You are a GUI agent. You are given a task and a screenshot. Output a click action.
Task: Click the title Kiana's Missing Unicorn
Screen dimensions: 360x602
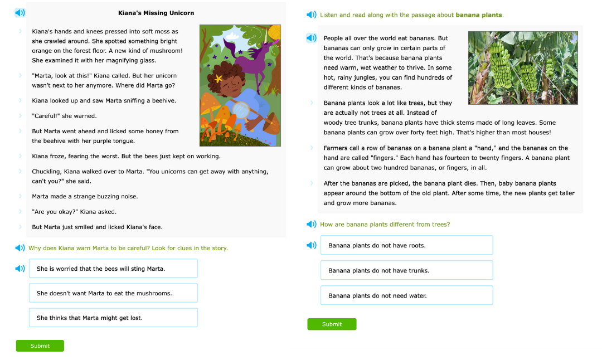tap(156, 13)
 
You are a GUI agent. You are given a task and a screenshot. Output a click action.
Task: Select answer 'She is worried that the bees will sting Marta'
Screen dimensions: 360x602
tap(113, 269)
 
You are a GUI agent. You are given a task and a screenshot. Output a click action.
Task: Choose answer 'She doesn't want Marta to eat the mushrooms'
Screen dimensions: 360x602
tap(113, 293)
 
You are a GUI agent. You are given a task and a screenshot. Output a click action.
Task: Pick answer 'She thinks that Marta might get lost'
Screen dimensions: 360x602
tap(113, 318)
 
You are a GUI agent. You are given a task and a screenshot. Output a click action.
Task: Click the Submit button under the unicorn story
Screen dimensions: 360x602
tap(40, 346)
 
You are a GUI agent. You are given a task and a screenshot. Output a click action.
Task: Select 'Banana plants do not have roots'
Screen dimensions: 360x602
tap(406, 245)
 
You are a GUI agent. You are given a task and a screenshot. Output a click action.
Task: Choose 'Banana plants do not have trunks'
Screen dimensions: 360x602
tap(406, 270)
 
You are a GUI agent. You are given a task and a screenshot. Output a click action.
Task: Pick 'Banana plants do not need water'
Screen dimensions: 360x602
tap(406, 295)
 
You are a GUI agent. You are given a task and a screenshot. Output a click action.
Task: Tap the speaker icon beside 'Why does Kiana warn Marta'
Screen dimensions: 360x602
tap(20, 248)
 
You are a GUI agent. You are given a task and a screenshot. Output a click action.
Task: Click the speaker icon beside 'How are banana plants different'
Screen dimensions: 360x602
tap(312, 224)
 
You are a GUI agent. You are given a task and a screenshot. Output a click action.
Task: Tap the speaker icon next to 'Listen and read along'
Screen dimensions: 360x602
tap(312, 15)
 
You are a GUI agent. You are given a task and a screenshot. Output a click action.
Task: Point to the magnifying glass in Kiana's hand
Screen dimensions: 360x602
tap(241, 110)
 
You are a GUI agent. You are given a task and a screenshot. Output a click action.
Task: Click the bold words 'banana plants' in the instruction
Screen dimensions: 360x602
tap(478, 15)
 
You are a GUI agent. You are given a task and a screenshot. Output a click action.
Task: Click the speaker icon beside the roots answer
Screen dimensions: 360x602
tap(312, 245)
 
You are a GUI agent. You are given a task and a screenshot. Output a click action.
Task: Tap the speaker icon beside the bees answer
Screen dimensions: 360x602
tap(20, 269)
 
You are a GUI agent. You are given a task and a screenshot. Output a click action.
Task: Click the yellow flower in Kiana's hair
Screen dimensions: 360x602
tap(218, 79)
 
